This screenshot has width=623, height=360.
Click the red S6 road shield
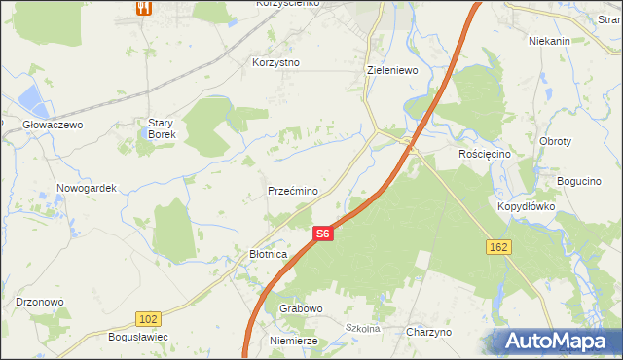[x=323, y=234]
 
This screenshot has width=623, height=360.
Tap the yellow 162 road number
[x=497, y=248]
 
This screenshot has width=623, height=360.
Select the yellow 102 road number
[x=148, y=319]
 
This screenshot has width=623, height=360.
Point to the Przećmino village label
[x=293, y=192]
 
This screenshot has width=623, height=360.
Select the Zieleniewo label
[x=392, y=71]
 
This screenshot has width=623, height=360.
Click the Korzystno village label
[x=276, y=62]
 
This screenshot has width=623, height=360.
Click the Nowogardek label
[x=87, y=188]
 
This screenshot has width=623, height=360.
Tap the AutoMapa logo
[x=557, y=340]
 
